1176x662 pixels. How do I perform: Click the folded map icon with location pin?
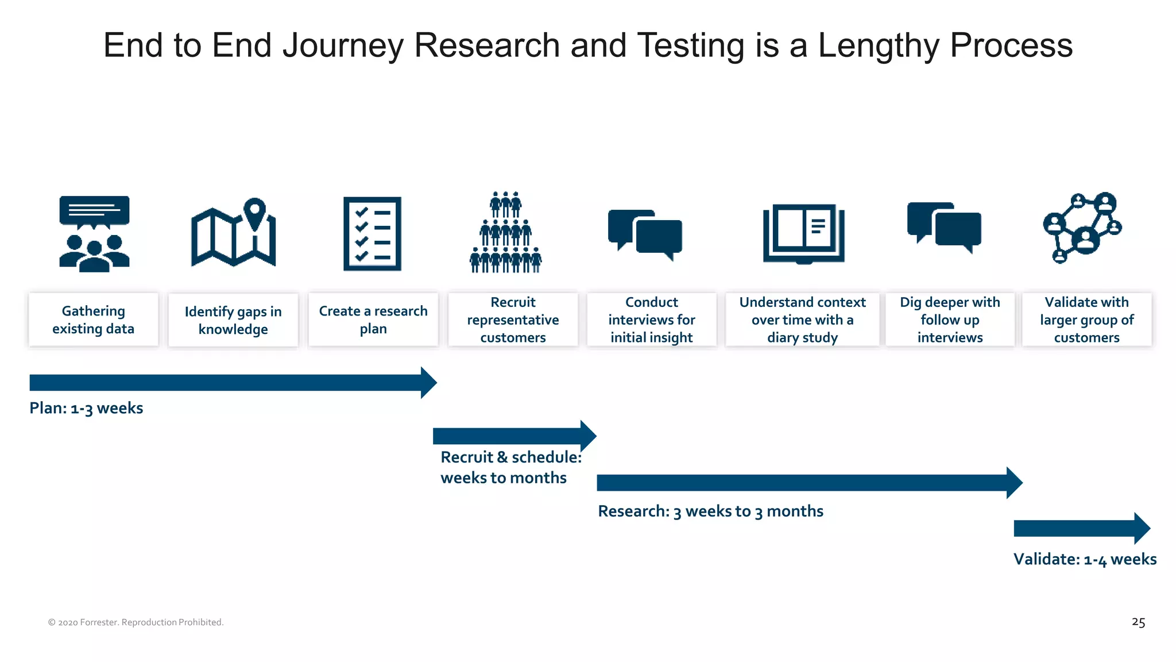(233, 233)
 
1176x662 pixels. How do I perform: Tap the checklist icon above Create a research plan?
(372, 233)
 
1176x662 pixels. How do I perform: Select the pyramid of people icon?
(505, 233)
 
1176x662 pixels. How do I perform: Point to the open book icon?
(803, 233)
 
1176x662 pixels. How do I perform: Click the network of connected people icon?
(1082, 228)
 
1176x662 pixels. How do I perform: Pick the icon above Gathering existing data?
(94, 233)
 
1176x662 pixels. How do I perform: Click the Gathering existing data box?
(94, 320)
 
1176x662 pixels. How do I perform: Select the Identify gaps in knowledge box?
(233, 320)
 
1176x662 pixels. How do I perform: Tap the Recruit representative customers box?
(513, 320)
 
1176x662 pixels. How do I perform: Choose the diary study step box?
(802, 320)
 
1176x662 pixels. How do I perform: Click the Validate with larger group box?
(1086, 320)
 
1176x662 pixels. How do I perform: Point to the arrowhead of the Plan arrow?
(428, 383)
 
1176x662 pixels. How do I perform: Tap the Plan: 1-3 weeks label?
(86, 408)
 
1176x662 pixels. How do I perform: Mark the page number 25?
(1138, 622)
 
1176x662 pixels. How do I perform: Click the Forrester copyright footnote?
(136, 622)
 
